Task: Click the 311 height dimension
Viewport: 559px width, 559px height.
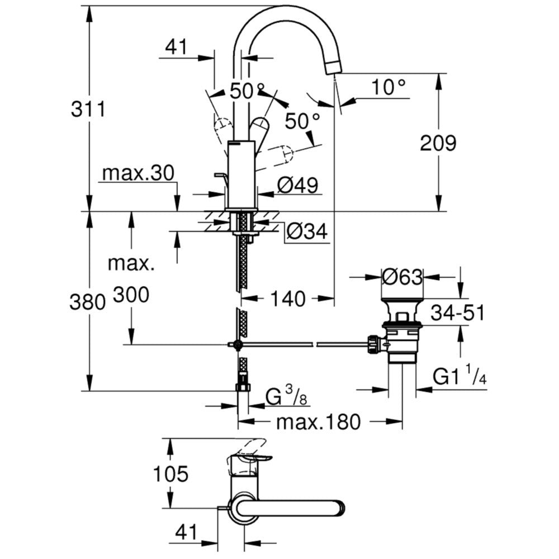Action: (88, 109)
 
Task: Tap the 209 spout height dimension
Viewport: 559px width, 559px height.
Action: (438, 143)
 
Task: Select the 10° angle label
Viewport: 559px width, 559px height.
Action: (389, 87)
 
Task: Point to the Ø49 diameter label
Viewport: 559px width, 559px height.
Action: (298, 185)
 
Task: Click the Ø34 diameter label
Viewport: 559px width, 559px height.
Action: (307, 232)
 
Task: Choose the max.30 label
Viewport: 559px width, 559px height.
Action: (138, 173)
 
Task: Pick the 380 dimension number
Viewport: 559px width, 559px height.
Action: (87, 302)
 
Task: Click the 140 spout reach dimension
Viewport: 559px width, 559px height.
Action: (288, 299)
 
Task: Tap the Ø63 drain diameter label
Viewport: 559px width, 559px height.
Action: (402, 277)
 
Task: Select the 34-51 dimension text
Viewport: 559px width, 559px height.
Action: (458, 314)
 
